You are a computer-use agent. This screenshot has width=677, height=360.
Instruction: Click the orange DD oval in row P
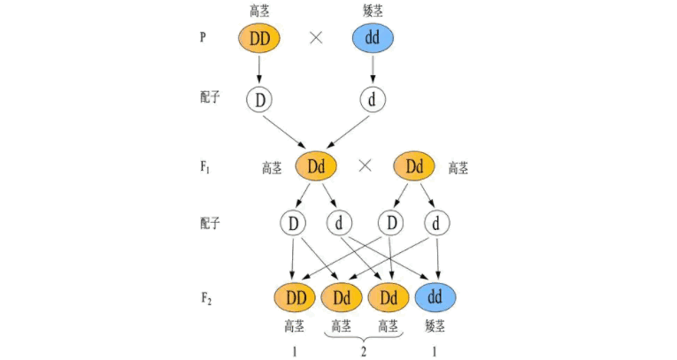pyautogui.click(x=259, y=38)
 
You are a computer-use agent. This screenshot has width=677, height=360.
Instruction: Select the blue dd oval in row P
pyautogui.click(x=373, y=38)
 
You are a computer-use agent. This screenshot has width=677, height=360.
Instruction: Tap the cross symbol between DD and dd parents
pyautogui.click(x=316, y=38)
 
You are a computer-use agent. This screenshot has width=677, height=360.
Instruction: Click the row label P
pyautogui.click(x=203, y=37)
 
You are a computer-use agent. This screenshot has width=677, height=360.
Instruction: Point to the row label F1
pyautogui.click(x=205, y=166)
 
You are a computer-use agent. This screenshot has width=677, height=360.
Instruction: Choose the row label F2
pyautogui.click(x=206, y=298)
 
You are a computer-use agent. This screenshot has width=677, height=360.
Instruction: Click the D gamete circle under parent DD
pyautogui.click(x=259, y=100)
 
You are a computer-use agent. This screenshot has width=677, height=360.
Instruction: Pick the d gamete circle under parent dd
pyautogui.click(x=373, y=100)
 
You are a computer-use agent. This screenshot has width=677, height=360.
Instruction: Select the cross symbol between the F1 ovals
pyautogui.click(x=365, y=165)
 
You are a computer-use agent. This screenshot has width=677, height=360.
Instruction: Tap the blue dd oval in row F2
pyautogui.click(x=435, y=297)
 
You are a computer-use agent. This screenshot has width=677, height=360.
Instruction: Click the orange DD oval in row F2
pyautogui.click(x=296, y=297)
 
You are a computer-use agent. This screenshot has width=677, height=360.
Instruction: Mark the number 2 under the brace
pyautogui.click(x=364, y=352)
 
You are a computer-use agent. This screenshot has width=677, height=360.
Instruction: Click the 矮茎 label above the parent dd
pyautogui.click(x=373, y=11)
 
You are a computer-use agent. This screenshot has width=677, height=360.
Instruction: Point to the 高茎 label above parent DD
pyautogui.click(x=259, y=11)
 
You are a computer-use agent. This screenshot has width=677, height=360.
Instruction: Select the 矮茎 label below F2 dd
pyautogui.click(x=435, y=326)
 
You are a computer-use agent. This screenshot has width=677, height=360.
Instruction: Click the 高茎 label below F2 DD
pyautogui.click(x=295, y=326)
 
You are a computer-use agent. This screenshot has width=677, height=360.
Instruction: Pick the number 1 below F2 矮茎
pyautogui.click(x=435, y=352)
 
